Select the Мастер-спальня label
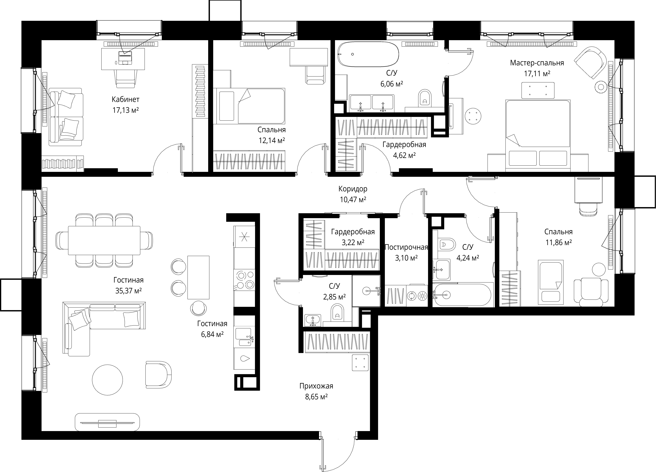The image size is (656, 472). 537,63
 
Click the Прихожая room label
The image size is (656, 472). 316,386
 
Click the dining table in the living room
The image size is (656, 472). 104,240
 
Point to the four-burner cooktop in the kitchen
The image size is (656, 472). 244,280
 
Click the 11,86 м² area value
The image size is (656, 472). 558,242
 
